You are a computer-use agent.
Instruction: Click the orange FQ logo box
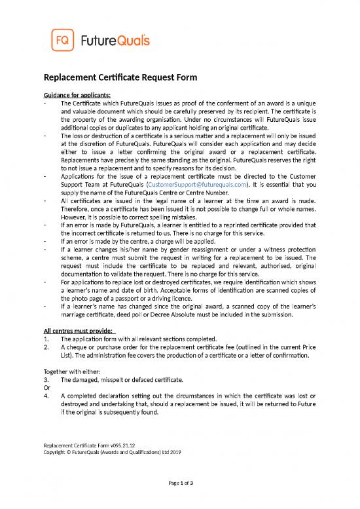click(60, 41)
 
